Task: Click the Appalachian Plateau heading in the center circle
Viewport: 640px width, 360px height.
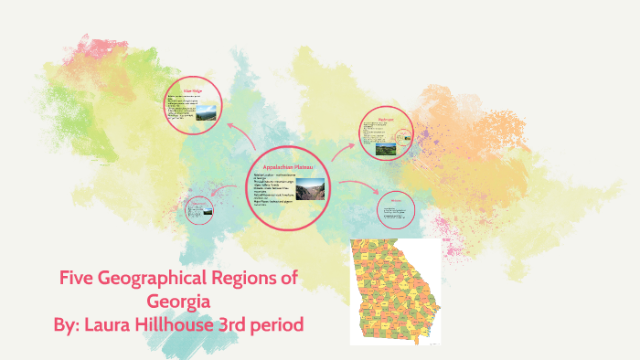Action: point(290,168)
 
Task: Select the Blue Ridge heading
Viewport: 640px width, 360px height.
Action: point(192,90)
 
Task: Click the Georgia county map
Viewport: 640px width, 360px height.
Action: point(395,291)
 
